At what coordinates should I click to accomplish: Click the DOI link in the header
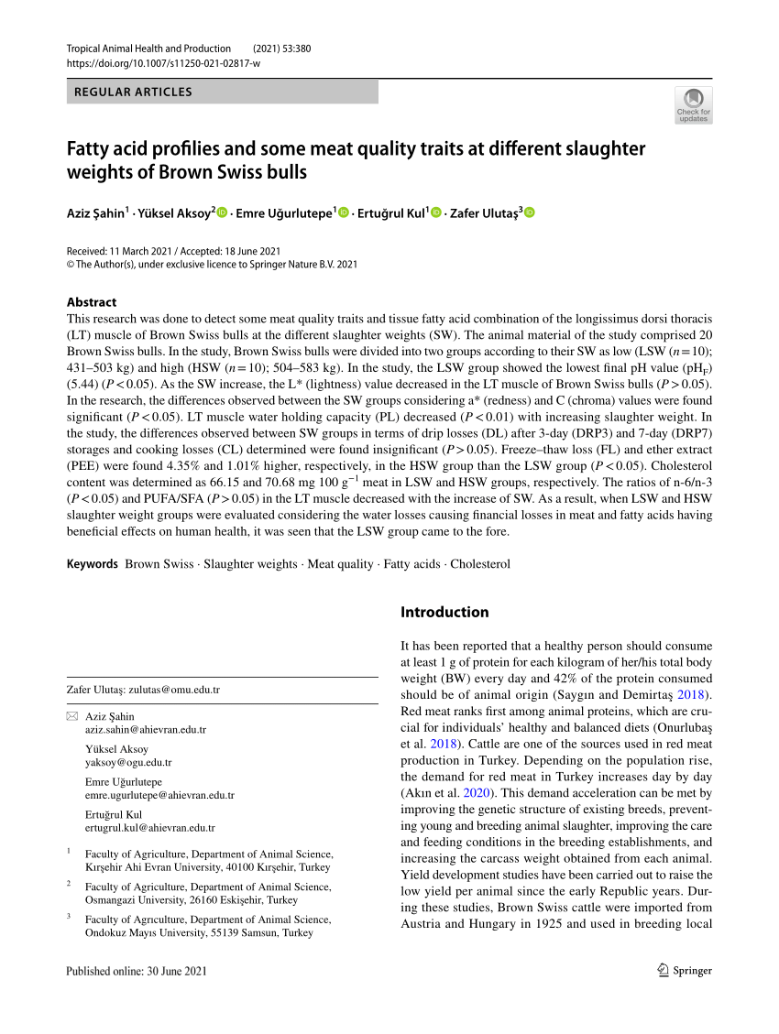pyautogui.click(x=163, y=63)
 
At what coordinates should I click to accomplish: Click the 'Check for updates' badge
pyautogui.click(x=693, y=105)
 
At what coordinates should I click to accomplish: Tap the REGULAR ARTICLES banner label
pyautogui.click(x=133, y=92)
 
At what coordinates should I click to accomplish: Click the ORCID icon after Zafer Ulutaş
pyautogui.click(x=529, y=212)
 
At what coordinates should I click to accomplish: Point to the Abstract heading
pyautogui.click(x=92, y=301)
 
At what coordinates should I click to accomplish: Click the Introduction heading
pyautogui.click(x=444, y=612)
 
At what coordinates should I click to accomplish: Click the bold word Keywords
pyautogui.click(x=93, y=564)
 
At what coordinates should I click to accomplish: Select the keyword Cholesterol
pyautogui.click(x=480, y=564)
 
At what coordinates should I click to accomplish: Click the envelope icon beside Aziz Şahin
pyautogui.click(x=72, y=716)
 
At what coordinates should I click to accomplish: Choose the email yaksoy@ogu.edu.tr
pyautogui.click(x=128, y=762)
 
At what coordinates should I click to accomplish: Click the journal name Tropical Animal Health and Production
pyautogui.click(x=148, y=48)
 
